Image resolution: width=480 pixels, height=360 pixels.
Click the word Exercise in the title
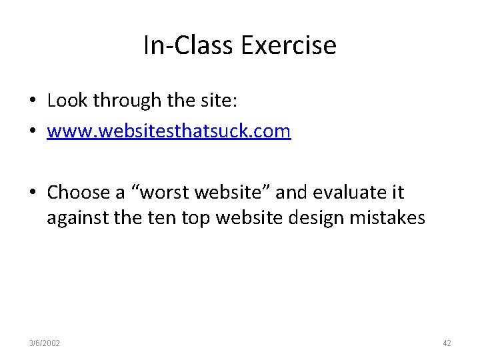click(289, 45)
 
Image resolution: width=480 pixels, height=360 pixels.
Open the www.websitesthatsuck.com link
click(169, 131)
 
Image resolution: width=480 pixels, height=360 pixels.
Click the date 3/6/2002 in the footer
click(45, 343)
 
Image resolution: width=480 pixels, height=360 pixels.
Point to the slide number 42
click(447, 343)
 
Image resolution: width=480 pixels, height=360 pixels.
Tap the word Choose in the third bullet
click(77, 193)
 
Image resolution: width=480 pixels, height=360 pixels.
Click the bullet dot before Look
click(32, 101)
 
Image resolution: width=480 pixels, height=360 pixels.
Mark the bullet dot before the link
click(32, 131)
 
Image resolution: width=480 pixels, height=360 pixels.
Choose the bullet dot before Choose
click(32, 193)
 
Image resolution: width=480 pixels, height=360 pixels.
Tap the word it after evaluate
click(397, 193)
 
